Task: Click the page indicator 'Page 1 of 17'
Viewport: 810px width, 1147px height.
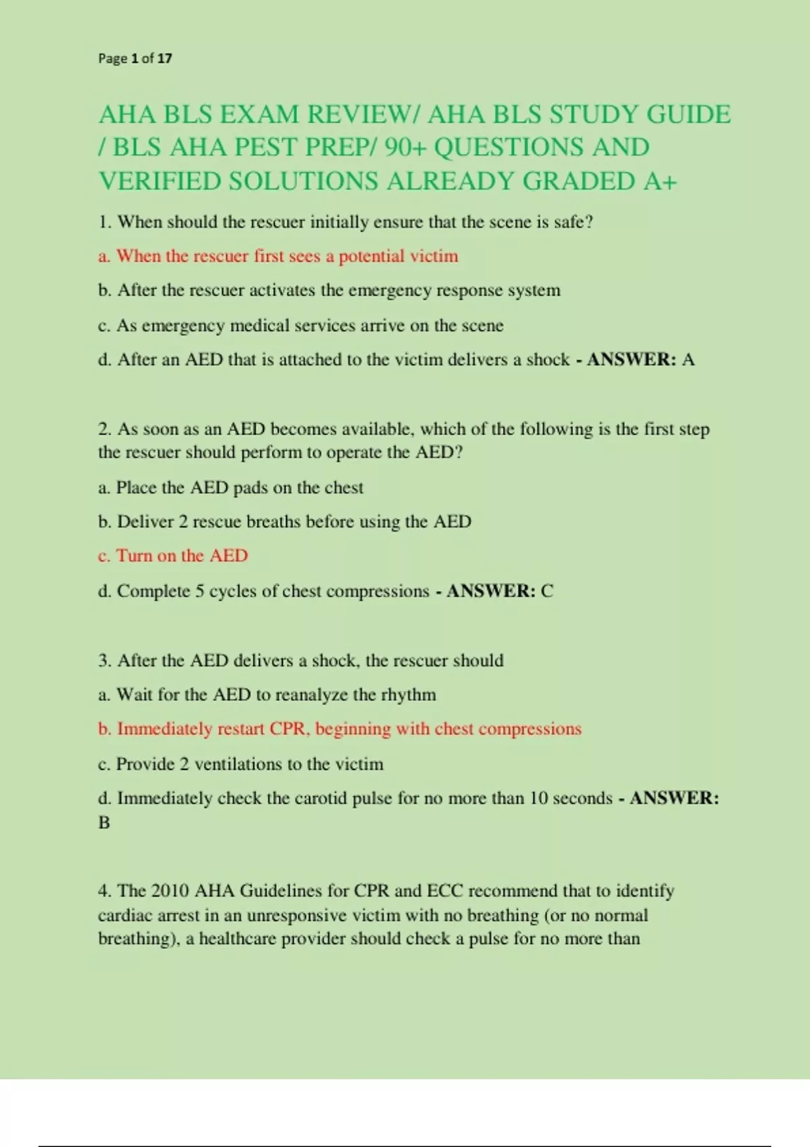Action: click(135, 59)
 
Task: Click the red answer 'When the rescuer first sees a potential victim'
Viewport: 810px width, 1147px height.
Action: click(287, 256)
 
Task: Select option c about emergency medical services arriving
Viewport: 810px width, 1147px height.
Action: click(300, 326)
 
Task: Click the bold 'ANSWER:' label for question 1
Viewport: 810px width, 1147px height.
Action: click(632, 360)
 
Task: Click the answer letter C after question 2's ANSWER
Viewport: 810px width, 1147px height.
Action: click(547, 591)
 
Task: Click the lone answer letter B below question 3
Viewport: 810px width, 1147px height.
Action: click(104, 823)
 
